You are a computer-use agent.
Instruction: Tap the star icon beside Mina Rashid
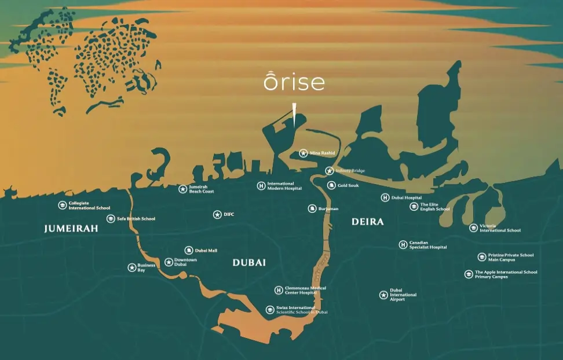click(304, 153)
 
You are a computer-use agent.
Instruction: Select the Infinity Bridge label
click(350, 171)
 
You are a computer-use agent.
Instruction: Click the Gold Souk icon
click(331, 186)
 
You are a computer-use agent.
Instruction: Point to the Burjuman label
click(328, 208)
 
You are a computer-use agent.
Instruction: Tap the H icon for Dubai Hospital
click(385, 198)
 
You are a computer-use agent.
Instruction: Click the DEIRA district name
click(367, 222)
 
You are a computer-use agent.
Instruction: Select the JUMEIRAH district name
click(71, 229)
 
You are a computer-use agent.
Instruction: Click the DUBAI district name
click(249, 263)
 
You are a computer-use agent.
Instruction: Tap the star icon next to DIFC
click(217, 215)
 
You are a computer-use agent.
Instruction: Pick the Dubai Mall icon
click(189, 251)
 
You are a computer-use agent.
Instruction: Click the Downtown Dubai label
click(185, 262)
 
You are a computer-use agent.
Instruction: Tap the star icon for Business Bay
click(132, 267)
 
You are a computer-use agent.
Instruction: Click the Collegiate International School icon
click(63, 205)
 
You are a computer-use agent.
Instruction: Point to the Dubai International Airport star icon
click(383, 295)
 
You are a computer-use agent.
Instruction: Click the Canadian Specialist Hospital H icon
click(403, 245)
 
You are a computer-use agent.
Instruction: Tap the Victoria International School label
click(500, 228)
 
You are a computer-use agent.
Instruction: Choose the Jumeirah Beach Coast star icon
click(183, 189)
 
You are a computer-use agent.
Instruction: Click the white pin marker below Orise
click(294, 115)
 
